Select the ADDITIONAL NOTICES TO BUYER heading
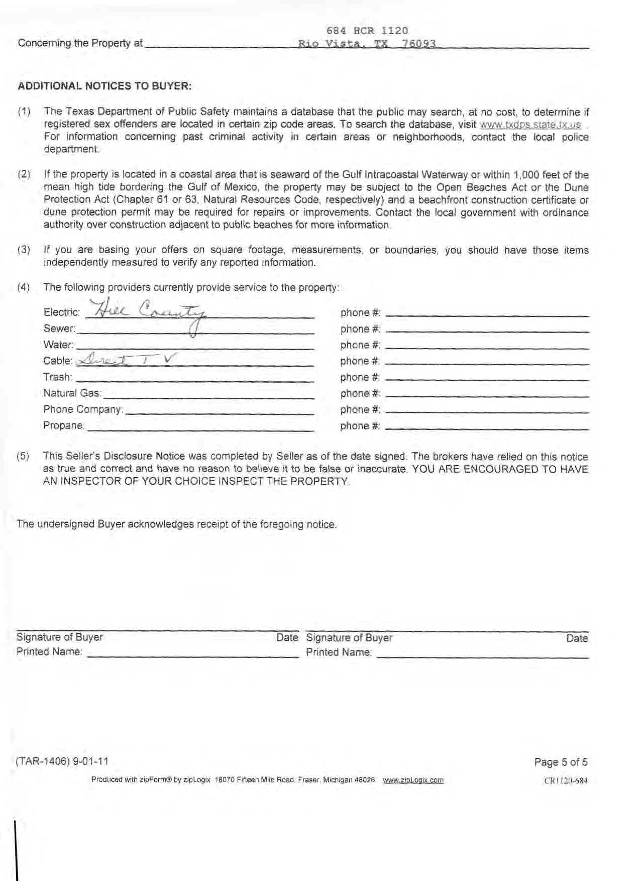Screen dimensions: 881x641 point(104,86)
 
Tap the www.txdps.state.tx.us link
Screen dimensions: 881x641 point(530,125)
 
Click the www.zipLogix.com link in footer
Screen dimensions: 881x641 point(413,780)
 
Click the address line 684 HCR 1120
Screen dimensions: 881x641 point(367,31)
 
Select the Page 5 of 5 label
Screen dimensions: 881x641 point(561,762)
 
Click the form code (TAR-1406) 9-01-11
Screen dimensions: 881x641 point(62,761)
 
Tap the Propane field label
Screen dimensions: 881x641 point(64,425)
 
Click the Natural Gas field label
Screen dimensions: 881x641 point(72,393)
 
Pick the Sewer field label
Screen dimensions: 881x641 point(59,329)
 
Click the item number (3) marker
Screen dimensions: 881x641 point(24,250)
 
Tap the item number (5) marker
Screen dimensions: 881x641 point(23,457)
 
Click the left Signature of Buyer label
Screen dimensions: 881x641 point(59,637)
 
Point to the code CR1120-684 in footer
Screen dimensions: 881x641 point(566,781)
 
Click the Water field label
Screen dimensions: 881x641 point(58,345)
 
